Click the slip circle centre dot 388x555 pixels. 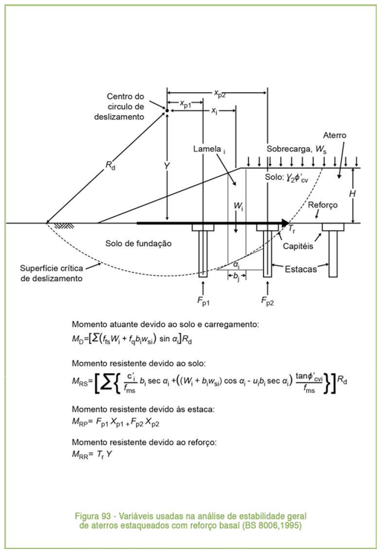pyautogui.click(x=166, y=111)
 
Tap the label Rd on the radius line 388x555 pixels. pyautogui.click(x=110, y=165)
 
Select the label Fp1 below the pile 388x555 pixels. pyautogui.click(x=203, y=301)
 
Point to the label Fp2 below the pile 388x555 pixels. pyautogui.click(x=268, y=301)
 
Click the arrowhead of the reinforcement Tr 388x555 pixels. pyautogui.click(x=285, y=223)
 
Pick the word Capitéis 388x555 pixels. pyautogui.click(x=298, y=246)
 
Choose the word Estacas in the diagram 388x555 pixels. pyautogui.click(x=300, y=270)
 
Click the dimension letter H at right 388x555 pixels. pyautogui.click(x=352, y=194)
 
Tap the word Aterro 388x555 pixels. pyautogui.click(x=334, y=135)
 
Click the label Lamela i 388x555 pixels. pyautogui.click(x=209, y=149)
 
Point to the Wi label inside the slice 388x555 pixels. pyautogui.click(x=239, y=206)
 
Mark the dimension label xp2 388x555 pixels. pyautogui.click(x=219, y=94)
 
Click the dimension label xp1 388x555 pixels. pyautogui.click(x=186, y=104)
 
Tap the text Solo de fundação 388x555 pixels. pyautogui.click(x=138, y=244)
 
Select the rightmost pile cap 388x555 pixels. pyautogui.click(x=333, y=227)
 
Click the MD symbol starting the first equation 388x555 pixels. pyautogui.click(x=77, y=339)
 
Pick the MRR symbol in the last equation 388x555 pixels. pyautogui.click(x=80, y=454)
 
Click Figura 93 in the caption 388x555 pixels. pyautogui.click(x=93, y=516)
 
